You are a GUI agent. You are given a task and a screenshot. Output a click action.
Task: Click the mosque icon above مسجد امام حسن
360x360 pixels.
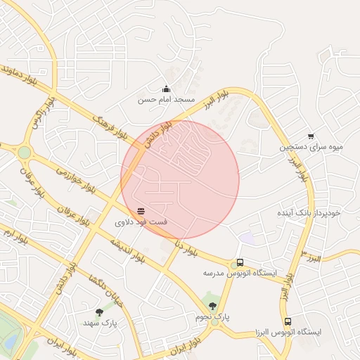[166, 89]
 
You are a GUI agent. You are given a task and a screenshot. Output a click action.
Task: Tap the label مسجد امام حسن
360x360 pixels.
[166, 100]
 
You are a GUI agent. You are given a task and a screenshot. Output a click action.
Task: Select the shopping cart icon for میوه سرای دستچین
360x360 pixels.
[311, 136]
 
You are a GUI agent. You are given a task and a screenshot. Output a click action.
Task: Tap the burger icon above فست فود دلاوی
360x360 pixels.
[141, 211]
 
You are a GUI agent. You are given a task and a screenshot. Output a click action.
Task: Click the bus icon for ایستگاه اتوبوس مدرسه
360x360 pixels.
[240, 262]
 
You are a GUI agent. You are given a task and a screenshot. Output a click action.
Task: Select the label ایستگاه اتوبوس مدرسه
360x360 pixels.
[240, 273]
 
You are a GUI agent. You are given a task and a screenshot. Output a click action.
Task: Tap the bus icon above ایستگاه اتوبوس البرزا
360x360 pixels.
[288, 321]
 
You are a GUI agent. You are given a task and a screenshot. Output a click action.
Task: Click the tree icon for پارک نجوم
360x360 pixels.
[212, 306]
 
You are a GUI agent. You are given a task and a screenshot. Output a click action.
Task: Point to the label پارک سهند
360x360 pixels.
[98, 323]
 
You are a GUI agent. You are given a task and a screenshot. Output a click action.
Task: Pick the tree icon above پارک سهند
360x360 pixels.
[98, 311]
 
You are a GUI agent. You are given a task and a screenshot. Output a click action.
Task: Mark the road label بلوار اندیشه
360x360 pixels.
[127, 250]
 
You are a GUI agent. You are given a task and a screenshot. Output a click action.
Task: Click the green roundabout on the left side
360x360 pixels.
[25, 152]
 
